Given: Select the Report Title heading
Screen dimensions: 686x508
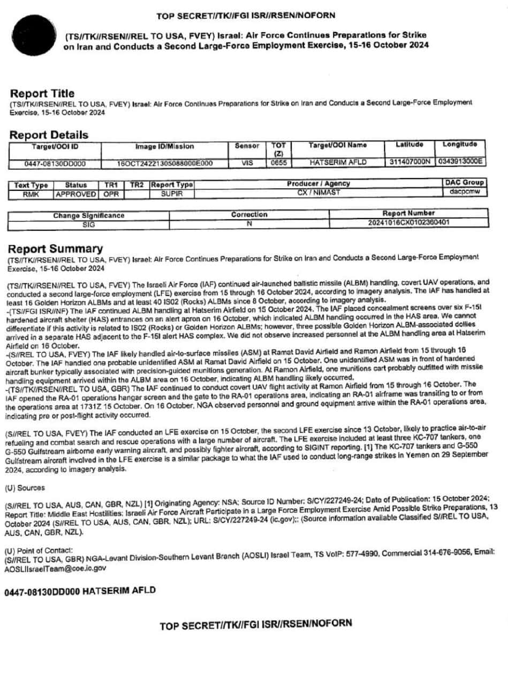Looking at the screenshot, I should click(42, 93).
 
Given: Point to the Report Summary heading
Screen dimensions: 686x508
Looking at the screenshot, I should click(55, 249).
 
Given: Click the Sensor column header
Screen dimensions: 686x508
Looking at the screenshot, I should click(247, 146).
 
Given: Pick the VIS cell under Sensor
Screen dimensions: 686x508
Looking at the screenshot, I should click(247, 162).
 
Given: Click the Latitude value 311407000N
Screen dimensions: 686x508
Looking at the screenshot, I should click(410, 161).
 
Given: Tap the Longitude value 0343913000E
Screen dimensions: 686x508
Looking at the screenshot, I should click(460, 161).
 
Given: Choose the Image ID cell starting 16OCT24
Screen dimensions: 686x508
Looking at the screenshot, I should click(164, 163).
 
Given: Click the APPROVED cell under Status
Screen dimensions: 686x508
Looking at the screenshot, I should click(75, 193).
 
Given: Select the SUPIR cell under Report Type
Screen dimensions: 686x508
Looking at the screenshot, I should click(172, 193).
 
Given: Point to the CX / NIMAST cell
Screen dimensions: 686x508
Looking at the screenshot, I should click(319, 192).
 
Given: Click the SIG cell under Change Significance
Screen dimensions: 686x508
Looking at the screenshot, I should click(88, 225).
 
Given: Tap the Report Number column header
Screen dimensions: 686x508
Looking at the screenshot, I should click(408, 213).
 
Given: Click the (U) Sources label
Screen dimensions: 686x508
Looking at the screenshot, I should click(25, 488).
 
